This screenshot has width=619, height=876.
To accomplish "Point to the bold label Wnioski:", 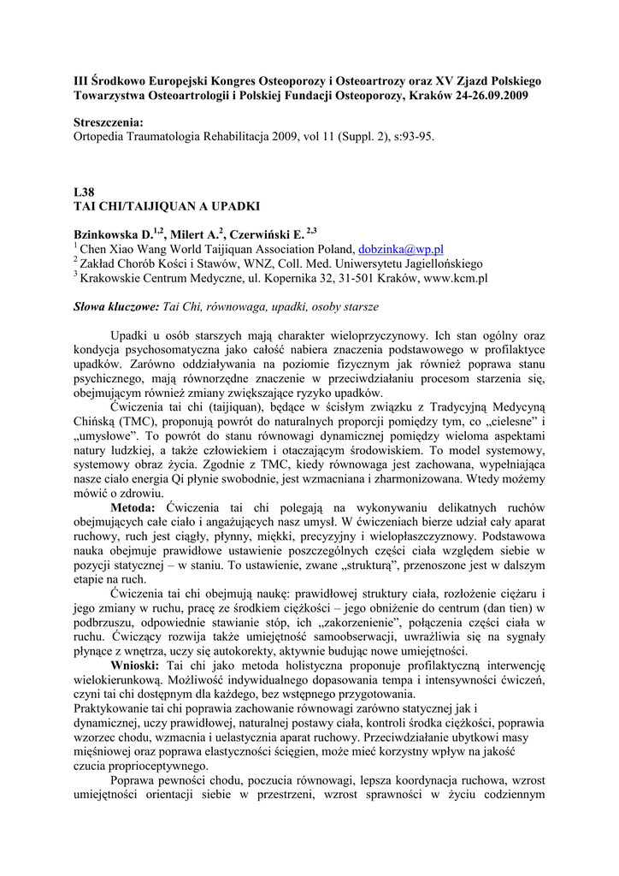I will pyautogui.click(x=138, y=665).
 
